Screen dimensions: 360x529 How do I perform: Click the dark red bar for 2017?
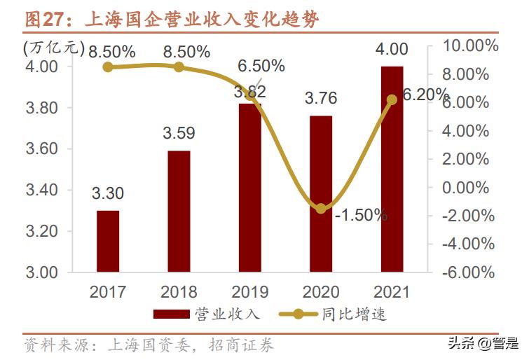click(x=108, y=241)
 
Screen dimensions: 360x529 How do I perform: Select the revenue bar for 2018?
click(x=179, y=211)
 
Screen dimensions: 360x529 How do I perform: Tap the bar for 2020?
click(x=321, y=193)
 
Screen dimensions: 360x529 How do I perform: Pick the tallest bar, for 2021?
click(x=392, y=169)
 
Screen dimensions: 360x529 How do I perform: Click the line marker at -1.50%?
click(x=321, y=208)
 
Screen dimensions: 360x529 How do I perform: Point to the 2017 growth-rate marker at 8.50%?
click(x=108, y=67)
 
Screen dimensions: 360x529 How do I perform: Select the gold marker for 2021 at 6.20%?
click(x=392, y=99)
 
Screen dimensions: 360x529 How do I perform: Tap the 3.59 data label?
click(x=179, y=132)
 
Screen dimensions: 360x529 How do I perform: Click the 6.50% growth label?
click(x=261, y=67)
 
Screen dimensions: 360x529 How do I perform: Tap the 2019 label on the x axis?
click(x=250, y=292)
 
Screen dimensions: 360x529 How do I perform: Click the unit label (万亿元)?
click(x=53, y=48)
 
